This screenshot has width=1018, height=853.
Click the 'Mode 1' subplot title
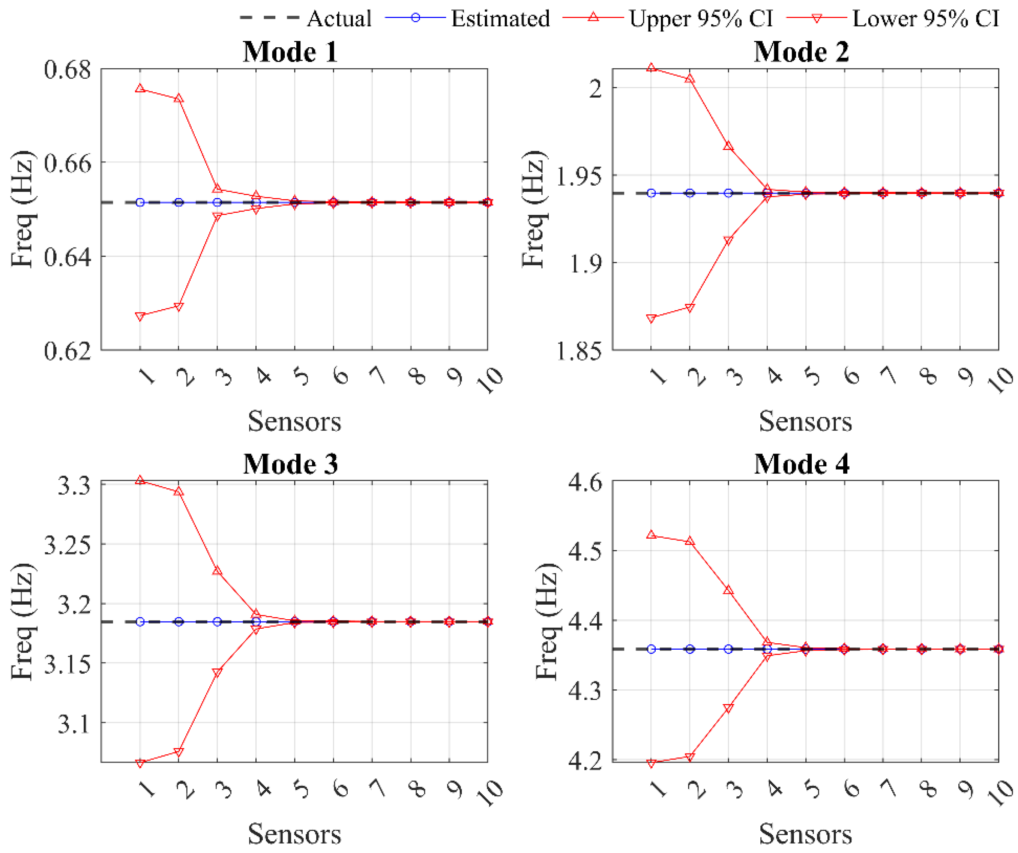click(290, 51)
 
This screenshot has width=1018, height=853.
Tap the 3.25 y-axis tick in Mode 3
click(68, 544)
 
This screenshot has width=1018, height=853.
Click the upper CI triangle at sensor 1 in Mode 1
click(140, 88)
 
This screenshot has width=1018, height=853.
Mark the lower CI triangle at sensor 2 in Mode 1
click(179, 307)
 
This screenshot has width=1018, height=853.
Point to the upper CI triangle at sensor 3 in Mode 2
click(728, 146)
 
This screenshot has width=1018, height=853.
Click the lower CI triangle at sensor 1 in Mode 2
click(652, 319)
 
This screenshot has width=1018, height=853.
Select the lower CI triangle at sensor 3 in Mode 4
click(728, 708)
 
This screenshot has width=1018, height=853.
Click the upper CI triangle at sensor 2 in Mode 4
click(690, 541)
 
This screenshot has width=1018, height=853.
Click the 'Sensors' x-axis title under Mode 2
click(805, 421)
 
